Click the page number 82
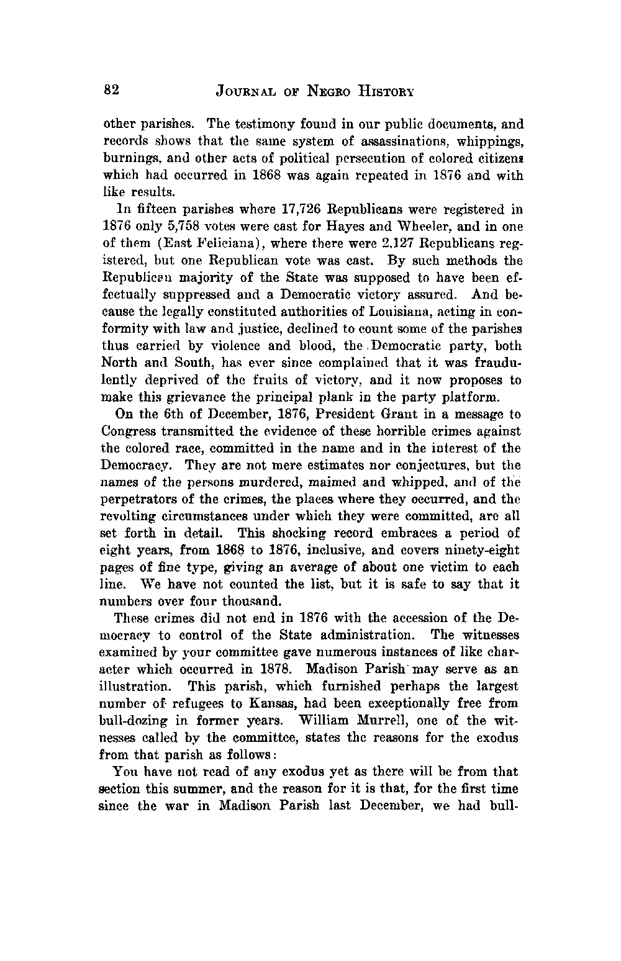tap(111, 90)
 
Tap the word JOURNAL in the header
tap(245, 92)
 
